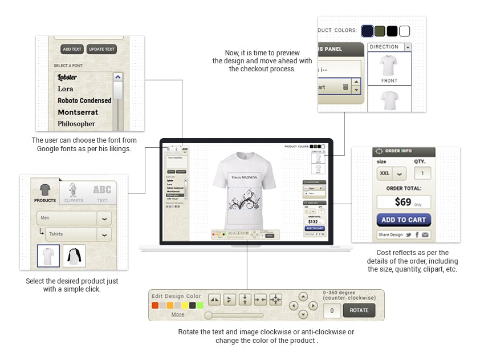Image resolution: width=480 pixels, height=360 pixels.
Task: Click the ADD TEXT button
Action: pos(72,49)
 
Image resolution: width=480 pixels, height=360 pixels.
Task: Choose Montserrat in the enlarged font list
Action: pos(78,112)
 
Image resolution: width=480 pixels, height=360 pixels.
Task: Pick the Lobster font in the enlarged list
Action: pos(67,77)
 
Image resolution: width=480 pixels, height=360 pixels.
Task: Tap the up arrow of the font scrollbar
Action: pos(117,77)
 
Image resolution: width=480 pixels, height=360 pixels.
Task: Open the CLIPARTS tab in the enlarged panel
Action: pos(74,193)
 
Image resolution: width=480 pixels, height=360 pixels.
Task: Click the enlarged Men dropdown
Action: pos(74,218)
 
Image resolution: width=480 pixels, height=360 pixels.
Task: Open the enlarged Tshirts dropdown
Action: pos(80,234)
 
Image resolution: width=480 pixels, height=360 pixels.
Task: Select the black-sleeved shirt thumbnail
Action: pos(74,256)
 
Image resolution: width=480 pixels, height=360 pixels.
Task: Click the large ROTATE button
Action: pos(359,310)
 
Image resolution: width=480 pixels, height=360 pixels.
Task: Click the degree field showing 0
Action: pos(332,311)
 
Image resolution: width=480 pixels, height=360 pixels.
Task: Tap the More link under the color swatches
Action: pos(178,314)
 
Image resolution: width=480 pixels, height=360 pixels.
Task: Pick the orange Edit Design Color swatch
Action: pos(155,305)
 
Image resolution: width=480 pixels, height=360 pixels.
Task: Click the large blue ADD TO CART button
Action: pos(404,220)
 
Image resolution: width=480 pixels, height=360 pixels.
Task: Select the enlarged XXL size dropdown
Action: pos(392,173)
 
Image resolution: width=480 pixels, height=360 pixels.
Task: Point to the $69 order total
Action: pos(403,202)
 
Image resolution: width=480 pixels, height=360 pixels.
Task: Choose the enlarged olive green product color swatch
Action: pos(380,31)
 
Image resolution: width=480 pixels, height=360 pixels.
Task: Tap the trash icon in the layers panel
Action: pos(345,87)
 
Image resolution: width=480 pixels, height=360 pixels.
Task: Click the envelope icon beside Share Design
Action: pos(425,234)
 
